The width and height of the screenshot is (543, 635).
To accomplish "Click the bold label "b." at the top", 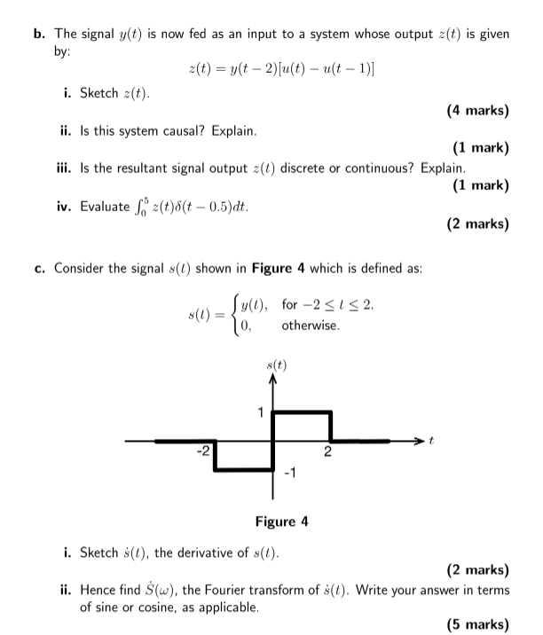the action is pyautogui.click(x=38, y=35).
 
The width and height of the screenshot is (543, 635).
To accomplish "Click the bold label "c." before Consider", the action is pyautogui.click(x=39, y=270).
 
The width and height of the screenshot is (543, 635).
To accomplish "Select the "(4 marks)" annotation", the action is pyautogui.click(x=478, y=111).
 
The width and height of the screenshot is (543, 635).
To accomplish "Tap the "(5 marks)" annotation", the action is pyautogui.click(x=478, y=624).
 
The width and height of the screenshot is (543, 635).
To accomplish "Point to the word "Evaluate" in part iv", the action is pyautogui.click(x=105, y=207).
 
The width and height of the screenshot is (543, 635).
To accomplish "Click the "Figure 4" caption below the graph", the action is pyautogui.click(x=281, y=521).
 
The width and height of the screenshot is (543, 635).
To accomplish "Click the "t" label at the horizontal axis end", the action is pyautogui.click(x=432, y=440).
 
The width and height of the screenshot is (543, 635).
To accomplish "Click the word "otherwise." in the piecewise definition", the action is pyautogui.click(x=311, y=326).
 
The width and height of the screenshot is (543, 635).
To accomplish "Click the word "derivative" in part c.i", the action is pyautogui.click(x=221, y=553).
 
